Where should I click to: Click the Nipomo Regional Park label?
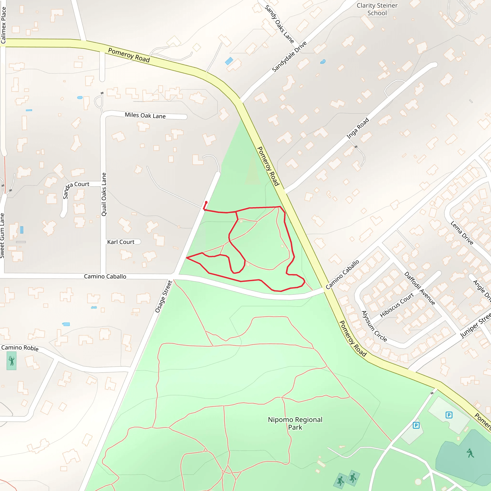coord(295,423)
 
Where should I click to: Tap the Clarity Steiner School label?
coord(377,9)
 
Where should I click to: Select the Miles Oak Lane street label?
coord(145,116)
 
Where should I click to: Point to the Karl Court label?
coord(121,242)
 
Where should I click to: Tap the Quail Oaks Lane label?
coord(104,194)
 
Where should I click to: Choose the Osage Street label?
coord(164,296)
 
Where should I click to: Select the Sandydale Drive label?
coord(289,56)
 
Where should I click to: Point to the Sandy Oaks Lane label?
coord(279,24)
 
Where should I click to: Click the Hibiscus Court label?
coord(397,305)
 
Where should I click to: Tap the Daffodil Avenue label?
coord(420,288)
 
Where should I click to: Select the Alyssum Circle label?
coord(374,326)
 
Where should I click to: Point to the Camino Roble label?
coord(20,348)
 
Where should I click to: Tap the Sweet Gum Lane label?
coord(2,236)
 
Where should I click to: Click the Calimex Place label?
coord(3,25)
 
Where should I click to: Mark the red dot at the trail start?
coord(206,202)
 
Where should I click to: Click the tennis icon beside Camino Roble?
coord(12,361)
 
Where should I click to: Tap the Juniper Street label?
coord(475,326)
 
